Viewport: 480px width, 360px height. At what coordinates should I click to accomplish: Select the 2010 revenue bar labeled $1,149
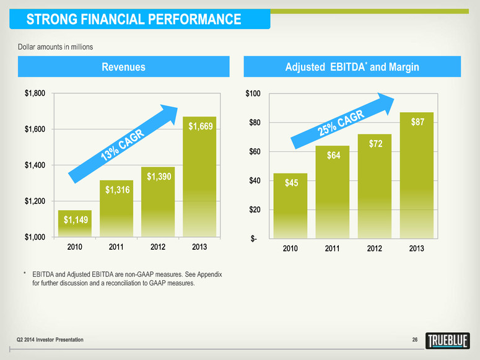coord(75,224)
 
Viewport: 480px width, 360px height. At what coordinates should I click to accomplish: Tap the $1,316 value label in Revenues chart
coord(116,190)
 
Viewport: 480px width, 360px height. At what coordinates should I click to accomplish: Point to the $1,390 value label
coord(159,177)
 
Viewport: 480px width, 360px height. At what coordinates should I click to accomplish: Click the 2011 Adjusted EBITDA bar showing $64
coord(333,192)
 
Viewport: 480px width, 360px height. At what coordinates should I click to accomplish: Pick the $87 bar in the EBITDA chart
coord(416,177)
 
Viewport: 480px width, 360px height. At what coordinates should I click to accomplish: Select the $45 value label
coord(291,183)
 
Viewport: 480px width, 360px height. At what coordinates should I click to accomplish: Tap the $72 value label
coord(375,144)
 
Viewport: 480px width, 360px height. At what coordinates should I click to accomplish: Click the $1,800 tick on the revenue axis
coord(35,94)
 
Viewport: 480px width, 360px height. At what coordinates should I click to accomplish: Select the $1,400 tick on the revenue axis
coord(35,165)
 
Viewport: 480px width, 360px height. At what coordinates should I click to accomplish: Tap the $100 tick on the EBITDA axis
coord(253,94)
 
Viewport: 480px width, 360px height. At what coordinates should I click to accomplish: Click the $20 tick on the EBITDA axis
coord(255,210)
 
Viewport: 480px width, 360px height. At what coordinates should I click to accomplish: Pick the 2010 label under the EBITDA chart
coord(290,248)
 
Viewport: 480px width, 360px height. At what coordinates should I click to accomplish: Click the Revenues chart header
coord(123,67)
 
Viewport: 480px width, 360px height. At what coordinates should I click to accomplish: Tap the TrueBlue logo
coord(450,341)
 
